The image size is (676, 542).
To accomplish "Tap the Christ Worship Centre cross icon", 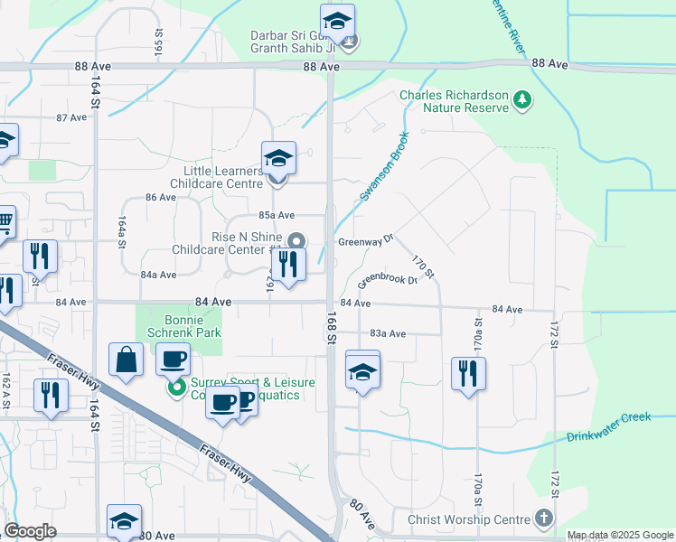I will pos(543,519).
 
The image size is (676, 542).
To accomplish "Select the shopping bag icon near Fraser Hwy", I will pos(126,360).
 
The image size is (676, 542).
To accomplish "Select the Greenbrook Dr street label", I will pos(387,279).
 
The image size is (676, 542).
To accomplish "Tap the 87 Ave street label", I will pos(70,118).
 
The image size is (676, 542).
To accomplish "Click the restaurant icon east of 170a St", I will pos(468,374).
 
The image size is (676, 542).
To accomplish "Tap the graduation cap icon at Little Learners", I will pos(279,159).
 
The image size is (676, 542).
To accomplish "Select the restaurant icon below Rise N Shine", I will pos(288,265).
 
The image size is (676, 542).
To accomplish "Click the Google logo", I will pos(31,531).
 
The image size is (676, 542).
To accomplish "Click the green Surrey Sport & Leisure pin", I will pos(176,388).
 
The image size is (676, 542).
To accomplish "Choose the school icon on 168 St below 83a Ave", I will pos(362,370).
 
